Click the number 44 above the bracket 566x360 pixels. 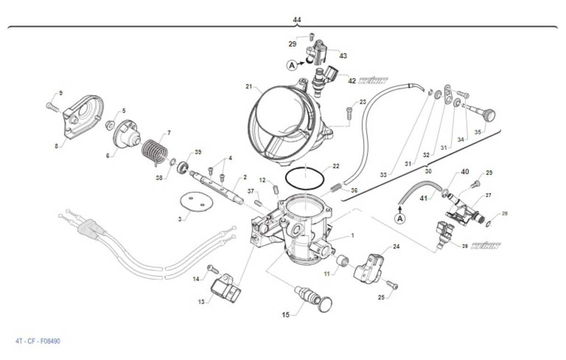pyautogui.click(x=297, y=19)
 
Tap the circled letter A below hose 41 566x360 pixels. pyautogui.click(x=400, y=218)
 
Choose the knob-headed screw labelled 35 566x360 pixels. pyautogui.click(x=483, y=114)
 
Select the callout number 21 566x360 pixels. pyautogui.click(x=250, y=86)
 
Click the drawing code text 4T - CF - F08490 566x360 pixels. pyautogui.click(x=38, y=341)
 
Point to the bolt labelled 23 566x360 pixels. pyautogui.click(x=349, y=112)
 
